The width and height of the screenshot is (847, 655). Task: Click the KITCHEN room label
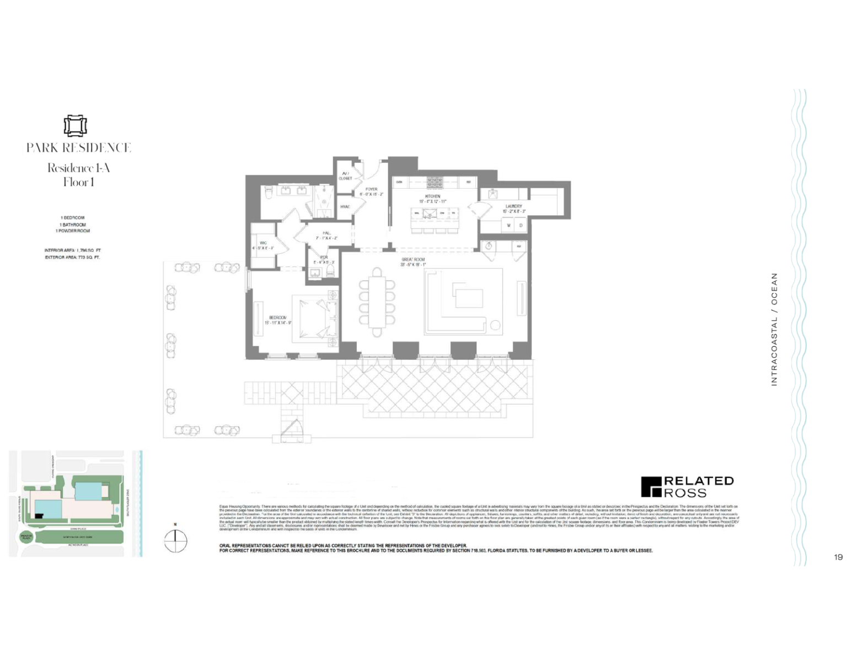[432, 196]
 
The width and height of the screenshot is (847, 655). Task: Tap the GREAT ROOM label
[413, 259]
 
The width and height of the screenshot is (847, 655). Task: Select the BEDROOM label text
[278, 318]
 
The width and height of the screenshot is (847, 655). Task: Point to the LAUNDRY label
[513, 206]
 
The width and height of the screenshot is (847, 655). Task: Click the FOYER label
[371, 189]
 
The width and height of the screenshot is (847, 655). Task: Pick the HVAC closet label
[345, 207]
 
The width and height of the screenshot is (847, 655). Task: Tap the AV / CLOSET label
[345, 176]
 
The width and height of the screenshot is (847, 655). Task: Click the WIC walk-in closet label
[263, 243]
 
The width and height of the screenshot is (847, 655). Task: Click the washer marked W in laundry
[509, 225]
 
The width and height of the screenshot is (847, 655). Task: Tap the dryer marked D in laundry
[521, 225]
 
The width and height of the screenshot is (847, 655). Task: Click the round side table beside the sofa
[495, 326]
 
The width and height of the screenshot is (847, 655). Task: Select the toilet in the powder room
[330, 272]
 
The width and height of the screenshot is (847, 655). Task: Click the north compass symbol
[175, 541]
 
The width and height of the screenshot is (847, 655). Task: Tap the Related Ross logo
[687, 487]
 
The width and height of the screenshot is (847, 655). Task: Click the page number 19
[838, 557]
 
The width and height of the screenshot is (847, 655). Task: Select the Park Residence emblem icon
[75, 126]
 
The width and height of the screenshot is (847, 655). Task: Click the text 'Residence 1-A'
[78, 168]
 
